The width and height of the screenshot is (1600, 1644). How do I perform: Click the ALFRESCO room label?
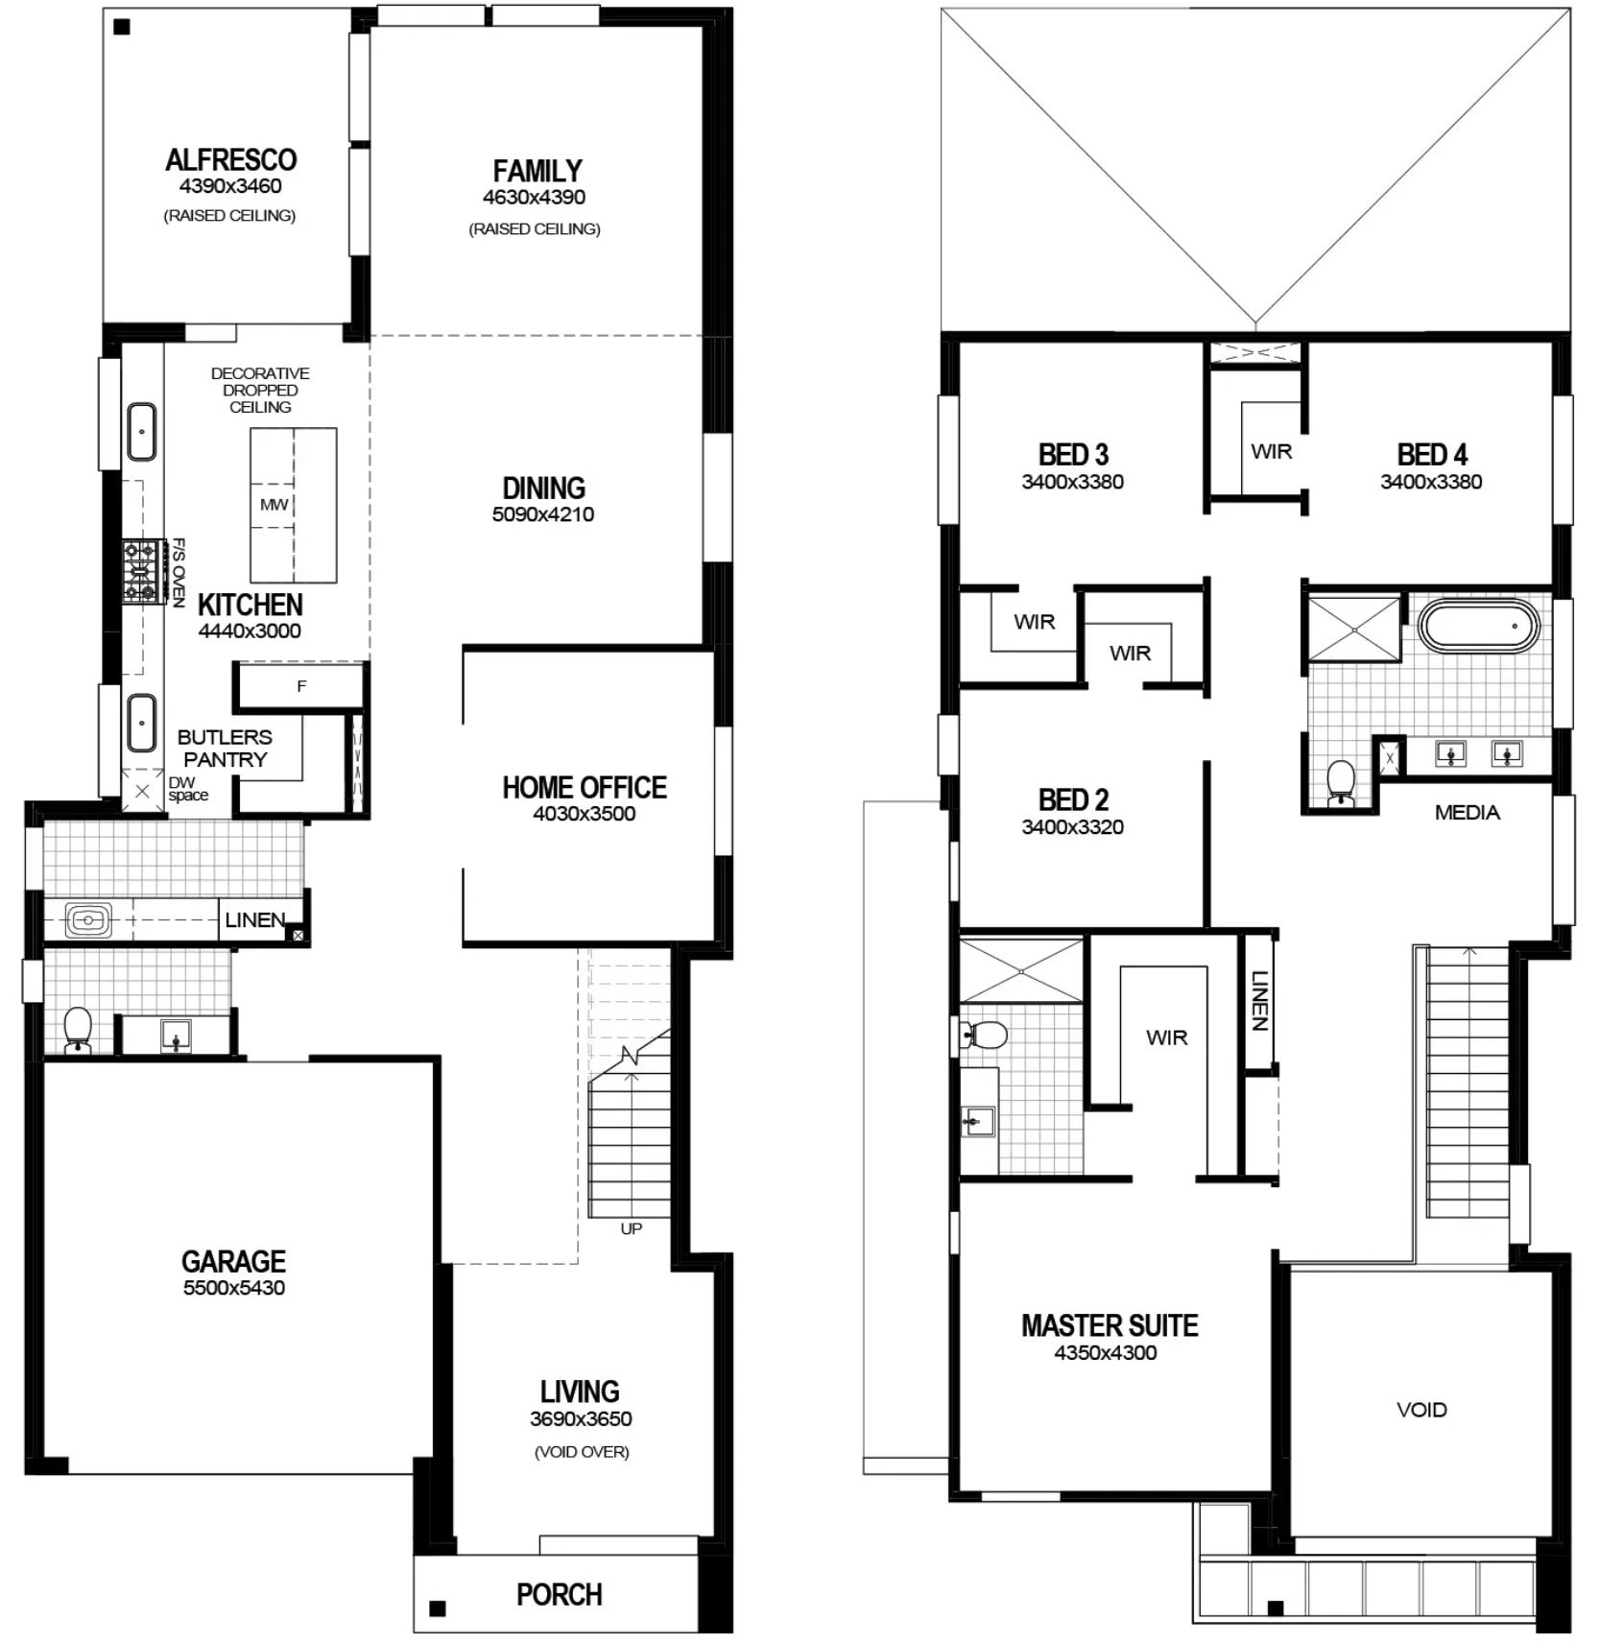230,159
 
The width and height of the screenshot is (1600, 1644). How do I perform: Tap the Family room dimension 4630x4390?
534,197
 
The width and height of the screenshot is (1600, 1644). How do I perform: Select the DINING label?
543,488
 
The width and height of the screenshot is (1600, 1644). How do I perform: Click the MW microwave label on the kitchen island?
274,504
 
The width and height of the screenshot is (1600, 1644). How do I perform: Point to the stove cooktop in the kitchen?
140,572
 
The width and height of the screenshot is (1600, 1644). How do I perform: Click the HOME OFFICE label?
585,787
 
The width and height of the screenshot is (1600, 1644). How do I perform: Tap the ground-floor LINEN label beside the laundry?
255,920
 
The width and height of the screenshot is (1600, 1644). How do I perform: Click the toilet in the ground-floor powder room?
77,1030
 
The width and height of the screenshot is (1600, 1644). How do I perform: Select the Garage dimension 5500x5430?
234,1288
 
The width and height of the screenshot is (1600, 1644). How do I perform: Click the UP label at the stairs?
631,1228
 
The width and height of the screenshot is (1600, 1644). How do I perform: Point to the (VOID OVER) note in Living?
582,1452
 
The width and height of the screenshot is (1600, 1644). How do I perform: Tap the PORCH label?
560,1594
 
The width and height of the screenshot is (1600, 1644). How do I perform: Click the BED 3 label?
1073,454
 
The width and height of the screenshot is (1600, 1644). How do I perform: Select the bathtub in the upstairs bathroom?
1479,627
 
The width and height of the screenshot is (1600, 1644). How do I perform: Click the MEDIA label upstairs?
1467,813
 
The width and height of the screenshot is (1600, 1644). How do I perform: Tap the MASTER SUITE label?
1110,1325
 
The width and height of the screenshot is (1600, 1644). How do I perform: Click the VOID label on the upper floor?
1421,1410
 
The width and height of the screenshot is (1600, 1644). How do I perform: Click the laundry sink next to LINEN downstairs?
88,920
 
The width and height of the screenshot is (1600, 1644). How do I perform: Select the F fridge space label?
301,686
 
